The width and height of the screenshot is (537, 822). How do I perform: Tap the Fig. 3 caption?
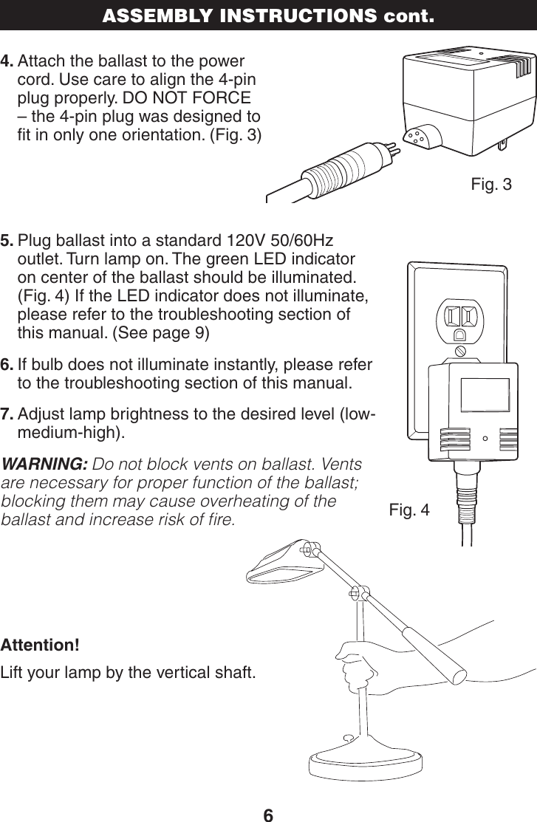pyautogui.click(x=490, y=184)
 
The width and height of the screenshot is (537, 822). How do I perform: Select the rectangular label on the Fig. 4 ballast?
pyautogui.click(x=485, y=394)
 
